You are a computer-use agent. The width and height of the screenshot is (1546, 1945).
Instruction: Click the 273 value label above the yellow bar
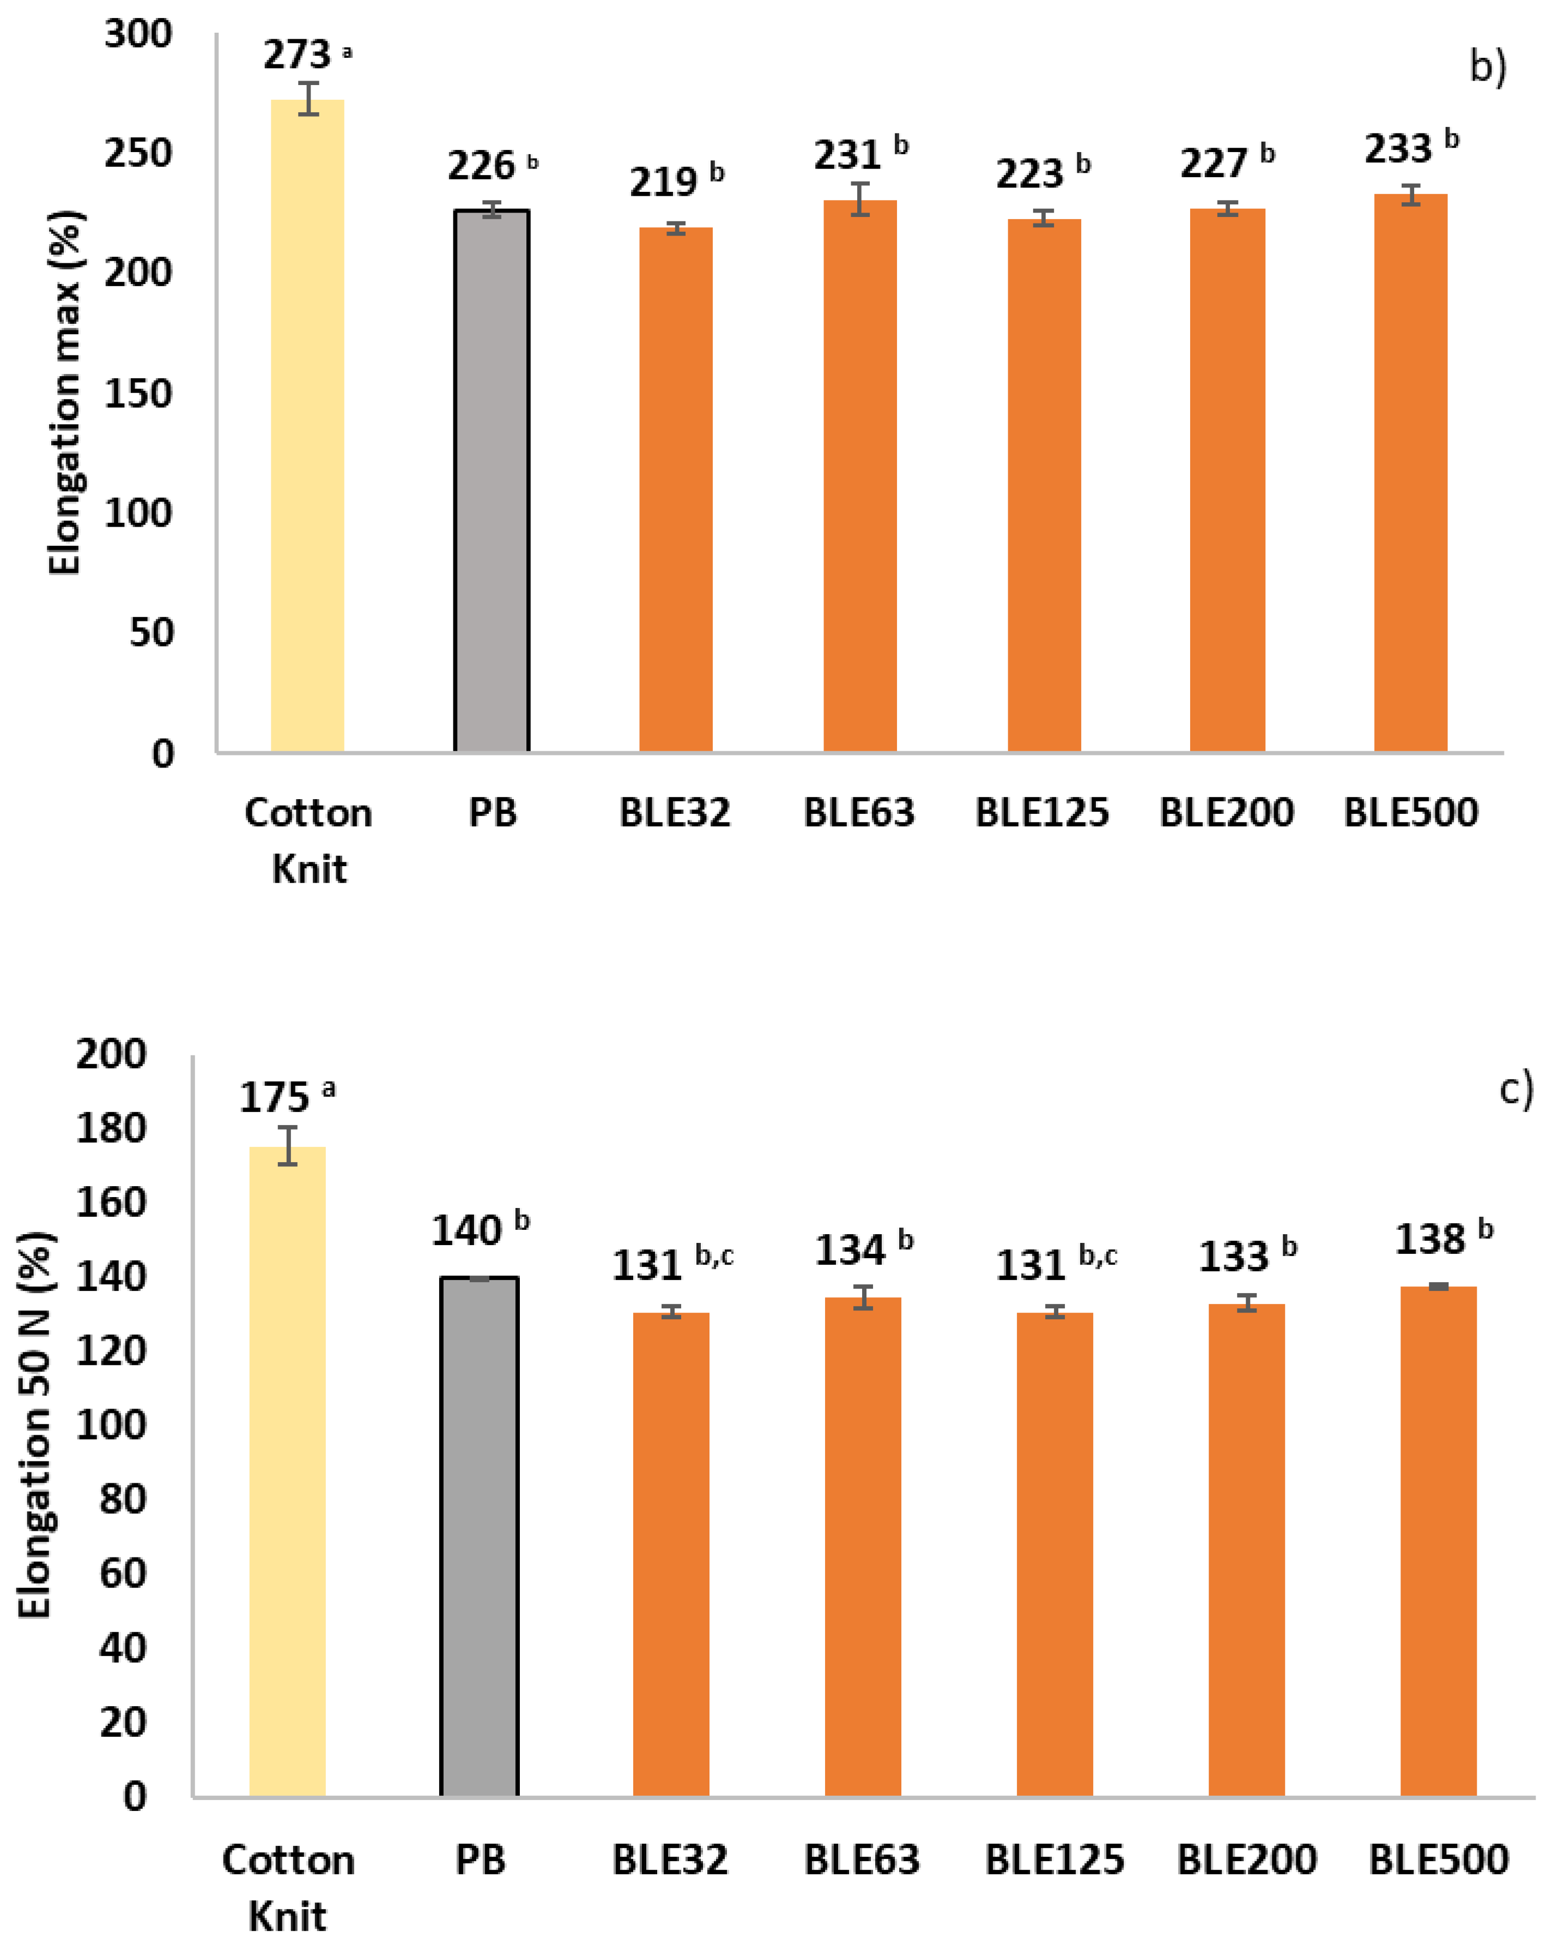coord(297,56)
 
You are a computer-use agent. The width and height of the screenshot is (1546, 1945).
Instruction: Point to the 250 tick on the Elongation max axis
coord(137,153)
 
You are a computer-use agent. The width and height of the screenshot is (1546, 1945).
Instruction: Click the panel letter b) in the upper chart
coord(1487,66)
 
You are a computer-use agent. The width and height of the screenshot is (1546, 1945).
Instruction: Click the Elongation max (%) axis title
coord(65,392)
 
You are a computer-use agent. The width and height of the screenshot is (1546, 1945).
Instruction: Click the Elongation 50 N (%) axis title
coord(36,1425)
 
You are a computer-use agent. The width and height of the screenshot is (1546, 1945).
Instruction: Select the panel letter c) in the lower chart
coord(1515,1090)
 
